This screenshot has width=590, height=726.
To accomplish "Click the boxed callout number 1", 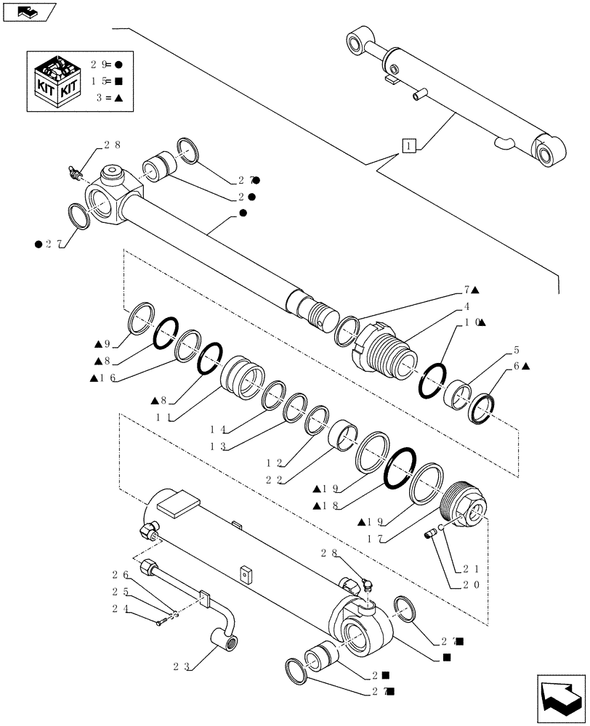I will coord(411,146).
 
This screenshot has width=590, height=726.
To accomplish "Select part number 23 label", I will coord(182,664).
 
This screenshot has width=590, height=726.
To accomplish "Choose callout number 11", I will coord(164,418).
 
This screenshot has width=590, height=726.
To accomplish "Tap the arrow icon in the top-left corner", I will coord(30,12).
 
